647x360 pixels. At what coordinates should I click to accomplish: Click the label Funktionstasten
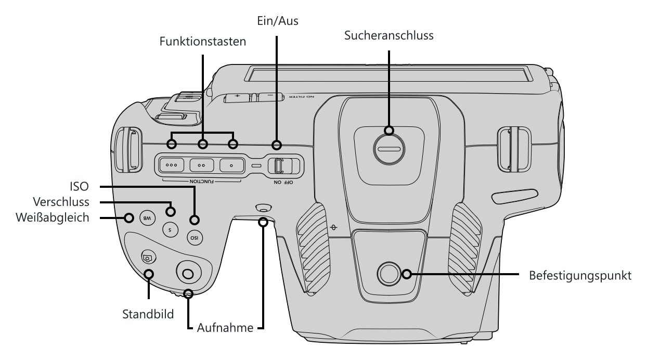(x=203, y=42)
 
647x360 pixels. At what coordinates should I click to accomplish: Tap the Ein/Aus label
(x=278, y=21)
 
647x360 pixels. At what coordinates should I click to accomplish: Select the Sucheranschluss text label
(x=389, y=35)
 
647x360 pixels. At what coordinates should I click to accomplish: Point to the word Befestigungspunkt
(x=580, y=276)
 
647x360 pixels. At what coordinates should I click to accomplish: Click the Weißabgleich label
(x=53, y=218)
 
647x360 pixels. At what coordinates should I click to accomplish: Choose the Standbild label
(x=148, y=314)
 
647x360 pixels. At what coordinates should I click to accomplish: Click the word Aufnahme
(x=225, y=328)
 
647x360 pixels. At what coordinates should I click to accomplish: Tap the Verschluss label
(x=61, y=202)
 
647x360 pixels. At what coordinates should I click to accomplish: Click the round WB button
(x=147, y=218)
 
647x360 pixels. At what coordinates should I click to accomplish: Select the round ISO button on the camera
(x=195, y=238)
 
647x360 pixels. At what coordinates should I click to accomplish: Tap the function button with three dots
(x=171, y=165)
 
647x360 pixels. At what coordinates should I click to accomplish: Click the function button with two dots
(x=202, y=165)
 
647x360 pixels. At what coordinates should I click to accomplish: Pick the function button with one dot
(x=231, y=165)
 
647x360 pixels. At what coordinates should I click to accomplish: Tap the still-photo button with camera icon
(x=148, y=257)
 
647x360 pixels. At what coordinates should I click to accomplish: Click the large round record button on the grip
(x=189, y=273)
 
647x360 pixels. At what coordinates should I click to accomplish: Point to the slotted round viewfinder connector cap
(x=389, y=149)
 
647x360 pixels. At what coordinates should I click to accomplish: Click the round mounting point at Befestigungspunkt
(x=389, y=274)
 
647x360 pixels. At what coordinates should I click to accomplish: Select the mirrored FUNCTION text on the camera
(x=202, y=182)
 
